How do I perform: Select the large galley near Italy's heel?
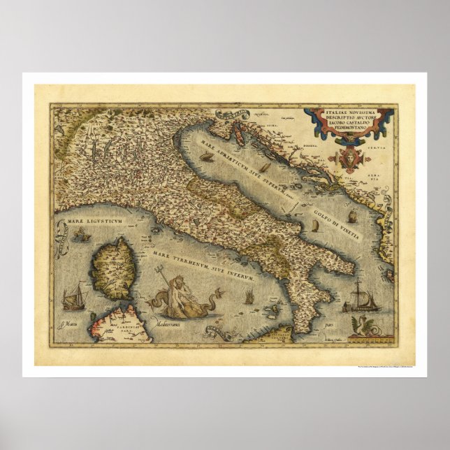pos(362,294)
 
